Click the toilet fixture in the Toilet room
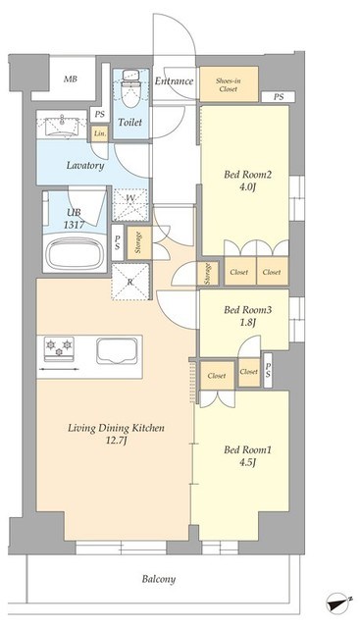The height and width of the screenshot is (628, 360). (x=129, y=89)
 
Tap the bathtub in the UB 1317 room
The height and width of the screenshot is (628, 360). (x=75, y=253)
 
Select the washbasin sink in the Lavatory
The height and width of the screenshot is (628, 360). (x=62, y=127)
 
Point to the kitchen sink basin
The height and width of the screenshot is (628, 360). (x=117, y=351)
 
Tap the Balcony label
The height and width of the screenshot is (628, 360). (x=159, y=579)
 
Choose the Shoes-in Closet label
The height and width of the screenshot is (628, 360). (x=229, y=85)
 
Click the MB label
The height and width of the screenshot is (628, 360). (x=71, y=78)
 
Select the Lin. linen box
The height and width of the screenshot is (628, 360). (x=100, y=133)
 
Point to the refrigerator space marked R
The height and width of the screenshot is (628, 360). (x=129, y=282)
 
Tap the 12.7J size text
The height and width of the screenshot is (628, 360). (x=116, y=441)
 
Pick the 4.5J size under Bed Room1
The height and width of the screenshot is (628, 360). (x=247, y=462)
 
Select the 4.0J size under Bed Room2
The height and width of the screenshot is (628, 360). (x=247, y=187)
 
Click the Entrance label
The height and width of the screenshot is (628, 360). (x=174, y=80)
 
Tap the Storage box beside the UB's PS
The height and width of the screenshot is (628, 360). (x=139, y=242)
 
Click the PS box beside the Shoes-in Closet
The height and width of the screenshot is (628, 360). (x=279, y=97)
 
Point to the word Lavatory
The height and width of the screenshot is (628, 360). (x=85, y=166)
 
